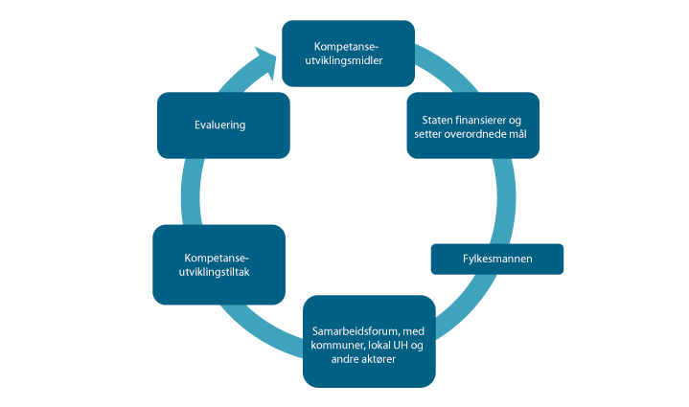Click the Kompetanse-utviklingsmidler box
[x=348, y=54]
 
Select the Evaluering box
[x=222, y=124]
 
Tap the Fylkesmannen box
[x=496, y=259]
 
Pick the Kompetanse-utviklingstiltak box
[x=218, y=264]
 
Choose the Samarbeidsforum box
[x=370, y=340]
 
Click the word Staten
[x=439, y=119]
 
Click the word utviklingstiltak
[x=218, y=272]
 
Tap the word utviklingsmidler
[x=348, y=60]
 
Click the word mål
[x=517, y=134]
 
